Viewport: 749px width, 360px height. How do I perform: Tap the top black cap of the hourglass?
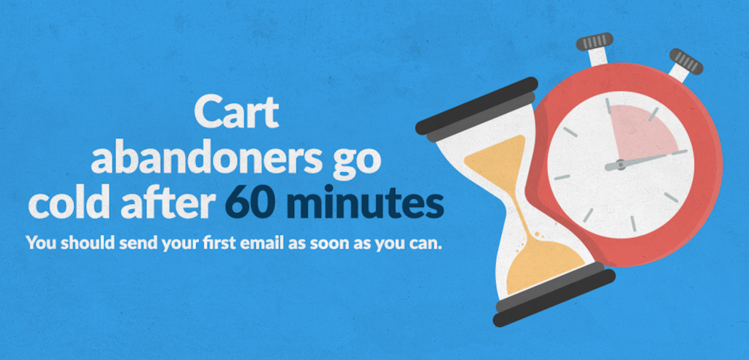(x=477, y=108)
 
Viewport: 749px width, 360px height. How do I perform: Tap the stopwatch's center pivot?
(x=620, y=165)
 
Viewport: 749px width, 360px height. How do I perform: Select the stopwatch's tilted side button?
(x=683, y=64)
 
